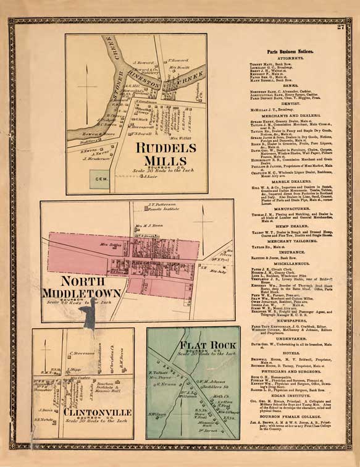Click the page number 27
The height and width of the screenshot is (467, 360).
pyautogui.click(x=340, y=25)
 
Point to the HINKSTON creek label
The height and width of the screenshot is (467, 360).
pyautogui.click(x=160, y=81)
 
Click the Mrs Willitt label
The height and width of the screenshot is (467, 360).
pyautogui.click(x=178, y=138)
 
